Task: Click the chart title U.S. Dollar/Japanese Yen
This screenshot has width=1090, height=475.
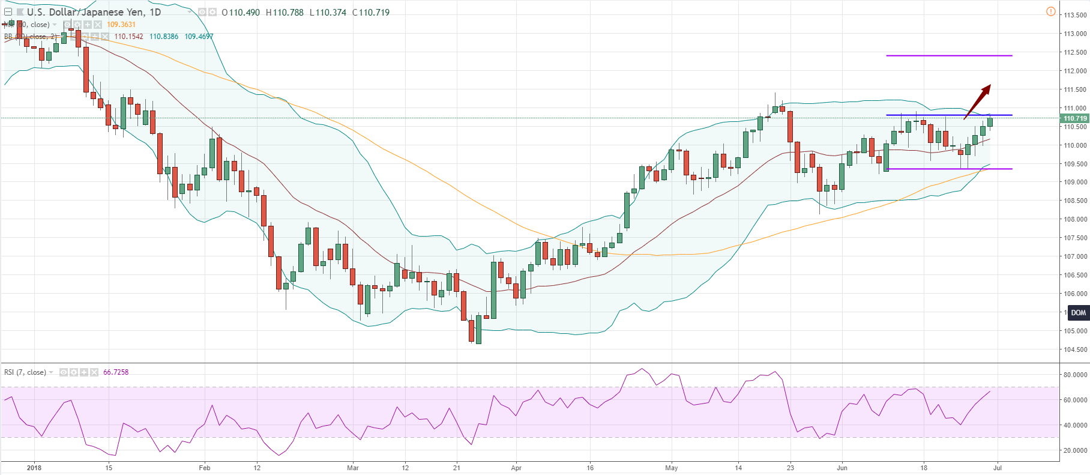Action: click(94, 12)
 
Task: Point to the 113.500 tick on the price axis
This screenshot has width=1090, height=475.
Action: click(1075, 15)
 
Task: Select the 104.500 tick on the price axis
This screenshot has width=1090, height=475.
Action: click(1075, 349)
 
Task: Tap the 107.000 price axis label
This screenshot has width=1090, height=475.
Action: click(1075, 256)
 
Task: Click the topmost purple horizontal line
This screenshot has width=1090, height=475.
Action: click(948, 56)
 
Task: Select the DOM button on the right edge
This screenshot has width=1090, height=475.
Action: click(1078, 313)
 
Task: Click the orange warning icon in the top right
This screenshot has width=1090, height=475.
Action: click(1050, 11)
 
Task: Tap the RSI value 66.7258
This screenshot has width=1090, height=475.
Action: click(116, 372)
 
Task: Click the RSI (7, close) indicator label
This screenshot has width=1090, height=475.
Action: click(25, 372)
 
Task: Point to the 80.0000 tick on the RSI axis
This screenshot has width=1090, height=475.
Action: click(1075, 375)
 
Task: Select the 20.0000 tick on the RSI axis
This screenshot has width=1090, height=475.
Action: click(1075, 450)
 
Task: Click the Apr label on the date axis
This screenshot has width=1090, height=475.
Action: click(516, 468)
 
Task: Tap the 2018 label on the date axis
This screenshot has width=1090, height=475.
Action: click(34, 468)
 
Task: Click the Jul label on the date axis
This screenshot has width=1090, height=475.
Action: click(998, 468)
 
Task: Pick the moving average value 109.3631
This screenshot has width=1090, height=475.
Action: click(121, 25)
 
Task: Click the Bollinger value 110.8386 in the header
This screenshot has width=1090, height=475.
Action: click(164, 37)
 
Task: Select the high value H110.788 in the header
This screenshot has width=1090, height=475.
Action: click(285, 12)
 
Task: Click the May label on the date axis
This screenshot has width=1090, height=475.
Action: click(672, 468)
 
